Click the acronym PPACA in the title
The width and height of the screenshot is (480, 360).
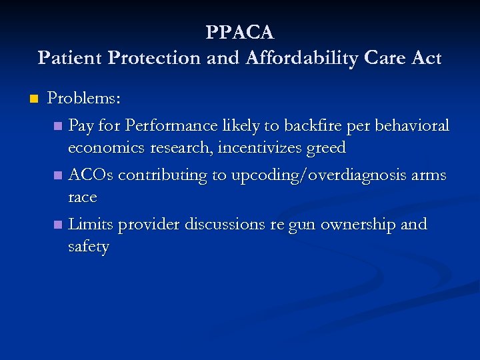tap(240, 32)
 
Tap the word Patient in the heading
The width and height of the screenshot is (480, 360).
tap(70, 58)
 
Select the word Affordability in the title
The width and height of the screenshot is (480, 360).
tap(287, 58)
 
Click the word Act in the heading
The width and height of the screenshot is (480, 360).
tap(426, 58)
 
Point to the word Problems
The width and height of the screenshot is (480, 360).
tap(84, 99)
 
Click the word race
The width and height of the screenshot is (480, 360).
tap(83, 198)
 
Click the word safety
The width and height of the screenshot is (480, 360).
tap(88, 247)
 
